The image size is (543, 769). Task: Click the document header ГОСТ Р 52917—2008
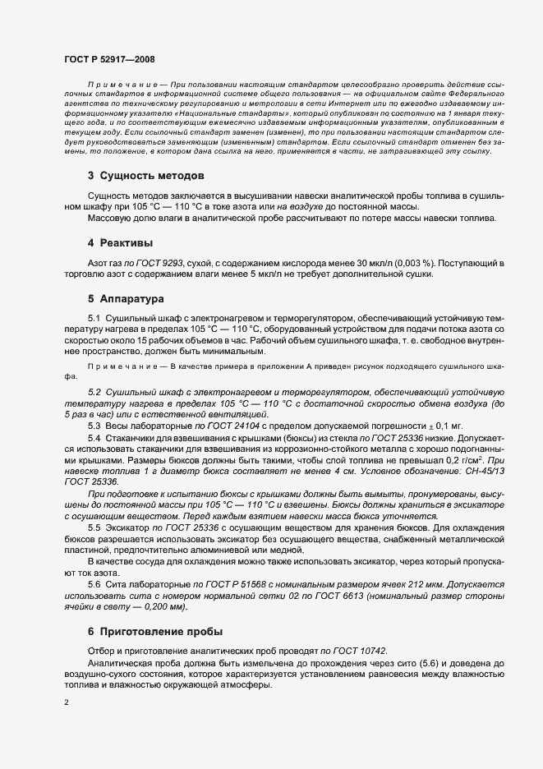tap(108, 60)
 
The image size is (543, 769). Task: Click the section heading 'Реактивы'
tap(127, 243)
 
